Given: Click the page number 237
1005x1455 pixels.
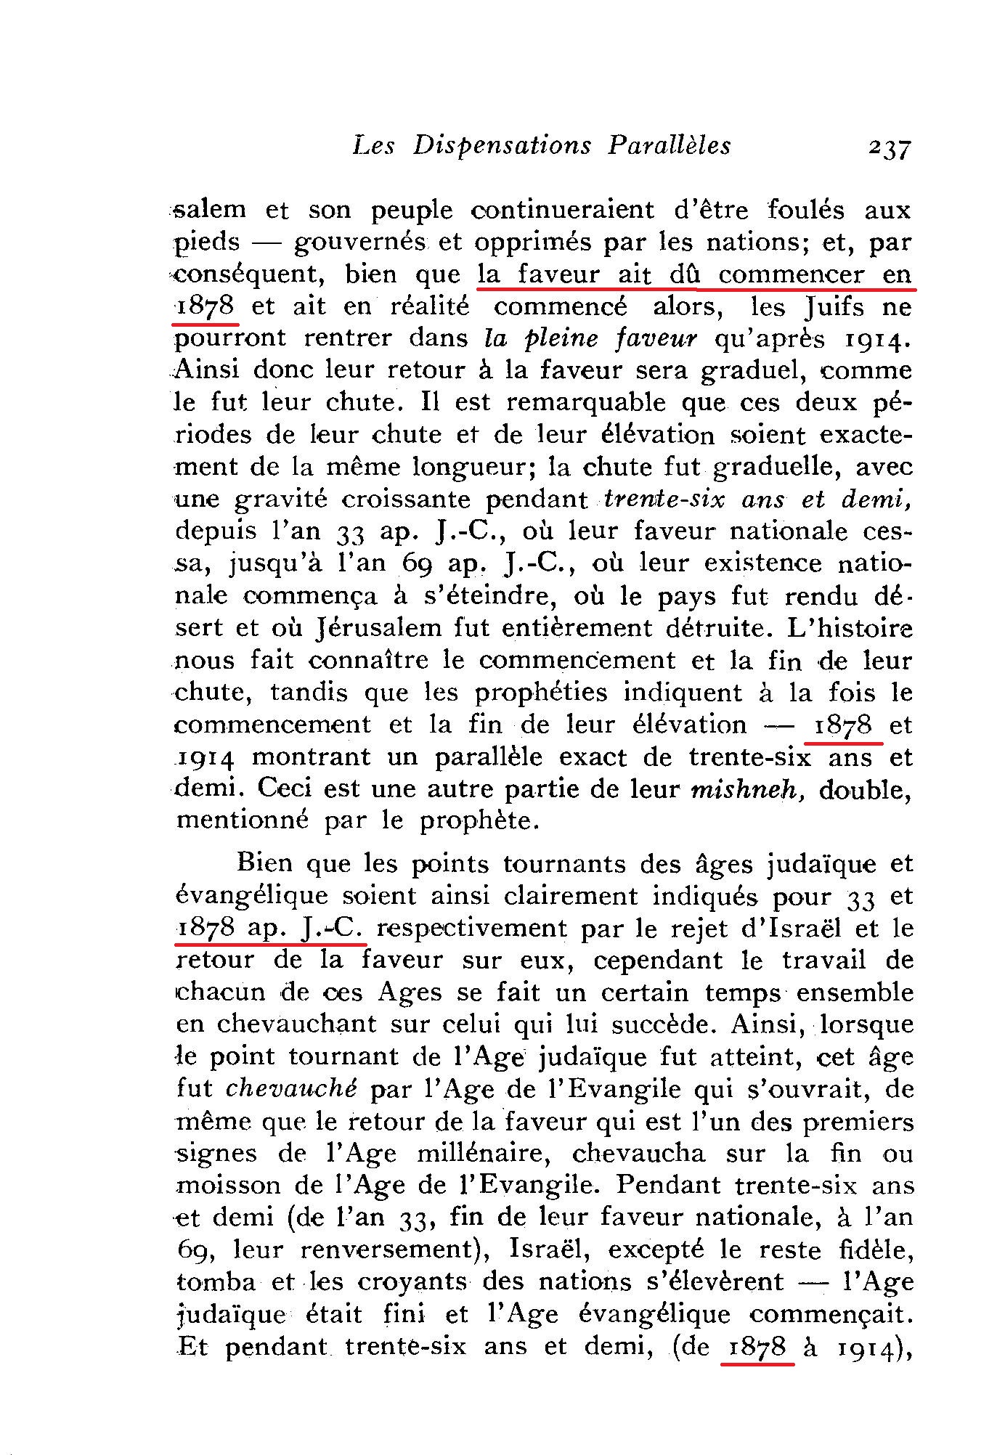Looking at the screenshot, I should (x=887, y=148).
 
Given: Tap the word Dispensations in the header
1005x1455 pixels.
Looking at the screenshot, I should (x=502, y=146).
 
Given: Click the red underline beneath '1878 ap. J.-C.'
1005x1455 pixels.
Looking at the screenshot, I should (x=270, y=945).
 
